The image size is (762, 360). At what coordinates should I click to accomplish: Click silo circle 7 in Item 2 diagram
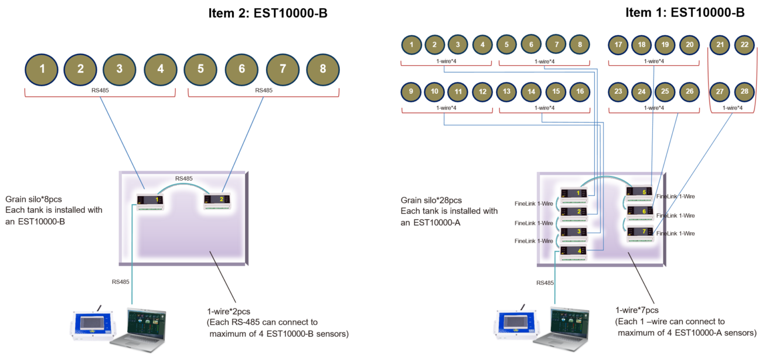coord(283,69)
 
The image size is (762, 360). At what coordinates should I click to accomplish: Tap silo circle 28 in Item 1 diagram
coord(744,91)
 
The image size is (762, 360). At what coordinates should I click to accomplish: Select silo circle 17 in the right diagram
coord(618,45)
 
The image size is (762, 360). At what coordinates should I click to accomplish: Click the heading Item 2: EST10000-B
coord(268,13)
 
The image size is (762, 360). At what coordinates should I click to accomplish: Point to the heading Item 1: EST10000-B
coord(685,12)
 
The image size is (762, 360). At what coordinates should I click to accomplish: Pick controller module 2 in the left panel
coord(217,201)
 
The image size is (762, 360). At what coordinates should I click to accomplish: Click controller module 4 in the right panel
coord(573,253)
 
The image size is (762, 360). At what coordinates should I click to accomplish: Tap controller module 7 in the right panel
coord(640,234)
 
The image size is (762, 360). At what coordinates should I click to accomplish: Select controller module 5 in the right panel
coord(640,194)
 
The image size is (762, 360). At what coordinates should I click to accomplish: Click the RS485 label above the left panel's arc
coord(183,178)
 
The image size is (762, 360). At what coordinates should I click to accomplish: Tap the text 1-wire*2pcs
coord(229,311)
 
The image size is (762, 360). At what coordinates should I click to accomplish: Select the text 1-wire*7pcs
coord(637,310)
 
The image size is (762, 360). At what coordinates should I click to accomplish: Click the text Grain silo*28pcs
coord(431,200)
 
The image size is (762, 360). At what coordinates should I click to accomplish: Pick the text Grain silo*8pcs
coord(33,199)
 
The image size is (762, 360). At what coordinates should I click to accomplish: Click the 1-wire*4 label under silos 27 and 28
coord(733,108)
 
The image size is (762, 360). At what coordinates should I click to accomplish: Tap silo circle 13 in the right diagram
coord(506,91)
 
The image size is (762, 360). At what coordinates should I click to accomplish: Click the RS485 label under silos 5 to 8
coord(264,90)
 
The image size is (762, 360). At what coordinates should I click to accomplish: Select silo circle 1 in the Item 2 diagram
coord(42,69)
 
